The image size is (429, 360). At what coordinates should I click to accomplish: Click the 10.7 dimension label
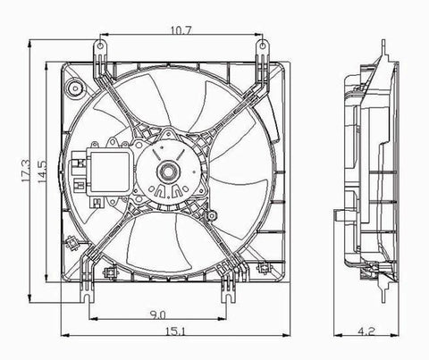tap(181, 30)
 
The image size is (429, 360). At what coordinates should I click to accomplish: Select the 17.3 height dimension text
tap(26, 171)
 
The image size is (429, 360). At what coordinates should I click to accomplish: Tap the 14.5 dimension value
tap(42, 172)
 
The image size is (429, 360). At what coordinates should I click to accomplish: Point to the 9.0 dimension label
tap(157, 314)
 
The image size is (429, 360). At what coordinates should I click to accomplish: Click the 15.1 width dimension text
tap(175, 331)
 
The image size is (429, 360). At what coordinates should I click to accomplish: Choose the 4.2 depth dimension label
tap(367, 331)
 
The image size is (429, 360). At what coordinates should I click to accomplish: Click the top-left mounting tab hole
tap(101, 46)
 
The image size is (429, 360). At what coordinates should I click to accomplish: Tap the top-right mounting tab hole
tap(263, 46)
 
